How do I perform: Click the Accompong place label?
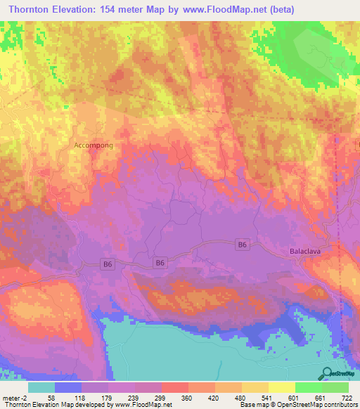pos(93,145)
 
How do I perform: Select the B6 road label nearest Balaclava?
pos(243,244)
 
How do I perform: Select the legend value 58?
pos(51,398)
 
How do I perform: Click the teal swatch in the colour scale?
pos(41,387)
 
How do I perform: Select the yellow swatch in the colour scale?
pos(281,387)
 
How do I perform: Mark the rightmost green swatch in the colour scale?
pos(335,387)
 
